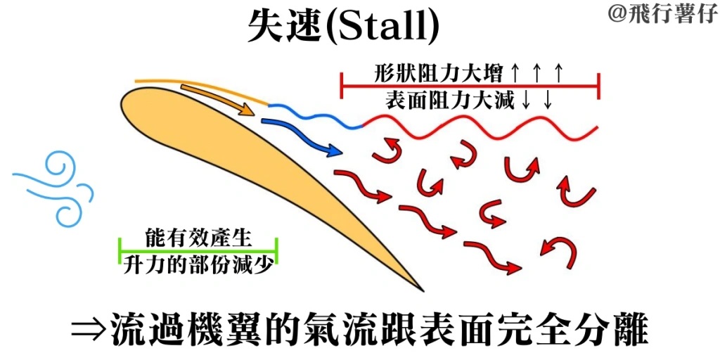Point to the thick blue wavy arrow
click(x=303, y=136)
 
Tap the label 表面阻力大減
click(x=449, y=100)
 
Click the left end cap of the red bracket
click(x=342, y=85)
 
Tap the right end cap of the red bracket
click(x=598, y=85)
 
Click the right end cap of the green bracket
click(x=276, y=251)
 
